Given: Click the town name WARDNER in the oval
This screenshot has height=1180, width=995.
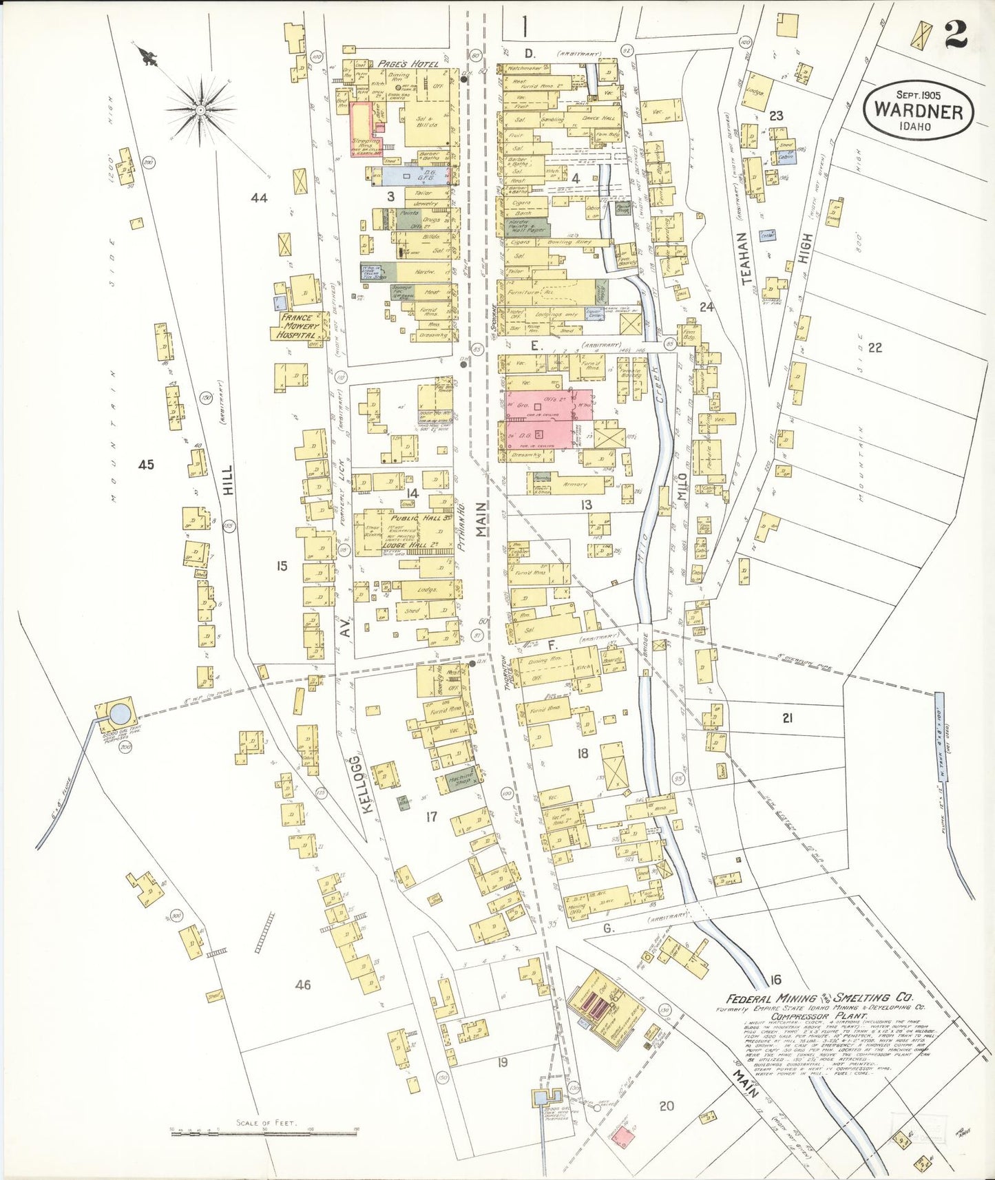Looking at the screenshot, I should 918,111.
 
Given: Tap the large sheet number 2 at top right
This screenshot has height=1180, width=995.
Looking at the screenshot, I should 955,34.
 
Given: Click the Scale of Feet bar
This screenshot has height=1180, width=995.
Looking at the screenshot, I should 265,1129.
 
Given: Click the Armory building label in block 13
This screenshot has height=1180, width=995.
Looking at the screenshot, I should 576,485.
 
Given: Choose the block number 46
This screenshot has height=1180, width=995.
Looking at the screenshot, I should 303,984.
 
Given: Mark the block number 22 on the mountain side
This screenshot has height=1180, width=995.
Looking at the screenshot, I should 874,348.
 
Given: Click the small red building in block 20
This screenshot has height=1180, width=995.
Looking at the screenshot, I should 624,1137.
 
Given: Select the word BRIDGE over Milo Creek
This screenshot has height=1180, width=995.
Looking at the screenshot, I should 645,649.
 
